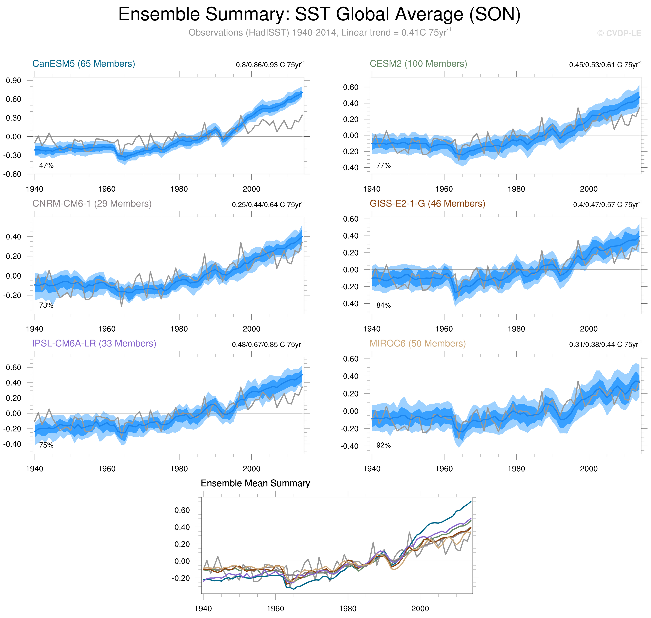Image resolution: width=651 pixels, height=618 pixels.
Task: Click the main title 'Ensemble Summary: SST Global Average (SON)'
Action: pyautogui.click(x=319, y=15)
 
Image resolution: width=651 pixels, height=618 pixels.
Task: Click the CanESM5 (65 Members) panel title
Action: pyautogui.click(x=84, y=64)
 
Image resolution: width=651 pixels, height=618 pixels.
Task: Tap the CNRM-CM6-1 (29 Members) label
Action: pyautogui.click(x=92, y=204)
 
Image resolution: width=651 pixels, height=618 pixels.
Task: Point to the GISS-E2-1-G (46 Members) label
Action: pyautogui.click(x=427, y=204)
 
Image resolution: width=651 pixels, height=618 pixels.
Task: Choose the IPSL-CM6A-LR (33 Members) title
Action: pyautogui.click(x=94, y=343)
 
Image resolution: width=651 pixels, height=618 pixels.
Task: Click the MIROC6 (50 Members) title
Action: pyautogui.click(x=418, y=343)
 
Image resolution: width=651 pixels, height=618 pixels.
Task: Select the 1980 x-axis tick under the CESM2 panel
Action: pyautogui.click(x=516, y=189)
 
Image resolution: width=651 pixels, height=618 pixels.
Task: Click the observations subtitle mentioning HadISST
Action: pyautogui.click(x=319, y=33)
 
